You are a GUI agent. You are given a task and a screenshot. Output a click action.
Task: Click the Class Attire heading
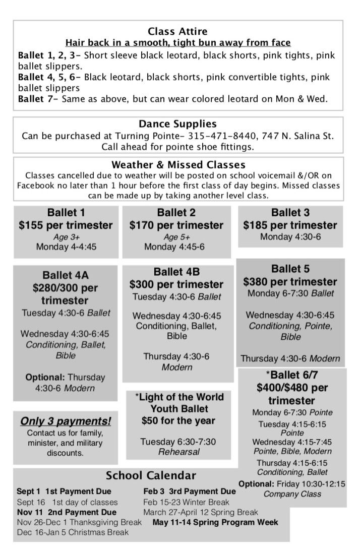(177, 32)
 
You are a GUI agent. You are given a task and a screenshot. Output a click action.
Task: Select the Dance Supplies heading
(177, 124)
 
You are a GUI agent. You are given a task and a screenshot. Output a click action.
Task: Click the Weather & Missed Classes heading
(178, 165)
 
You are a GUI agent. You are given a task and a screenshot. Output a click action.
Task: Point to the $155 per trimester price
(66, 225)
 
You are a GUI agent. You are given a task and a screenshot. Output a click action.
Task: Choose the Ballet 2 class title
(176, 212)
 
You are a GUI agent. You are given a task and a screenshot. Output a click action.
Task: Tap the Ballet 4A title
(66, 275)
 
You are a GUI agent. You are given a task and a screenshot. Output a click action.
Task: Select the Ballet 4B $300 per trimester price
(176, 284)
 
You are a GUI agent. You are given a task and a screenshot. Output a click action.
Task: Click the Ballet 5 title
(290, 268)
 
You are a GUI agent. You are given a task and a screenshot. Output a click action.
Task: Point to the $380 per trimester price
(290, 281)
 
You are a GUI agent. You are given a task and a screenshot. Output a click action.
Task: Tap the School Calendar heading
(151, 475)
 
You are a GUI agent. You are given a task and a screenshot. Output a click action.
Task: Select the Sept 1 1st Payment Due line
(64, 491)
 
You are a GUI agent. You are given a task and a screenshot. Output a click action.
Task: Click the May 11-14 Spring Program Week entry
(215, 522)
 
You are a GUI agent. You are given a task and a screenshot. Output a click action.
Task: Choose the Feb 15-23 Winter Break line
(186, 502)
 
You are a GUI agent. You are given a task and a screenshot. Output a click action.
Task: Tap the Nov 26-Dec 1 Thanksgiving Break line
(80, 522)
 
